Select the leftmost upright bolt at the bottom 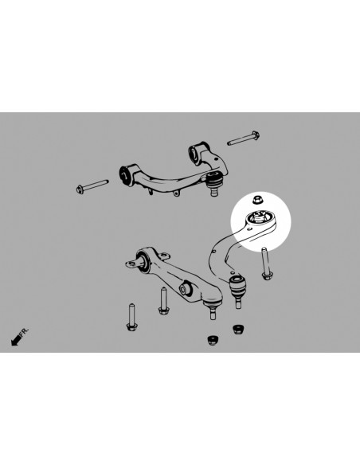pos(131,316)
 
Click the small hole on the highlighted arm pos(248,231)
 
